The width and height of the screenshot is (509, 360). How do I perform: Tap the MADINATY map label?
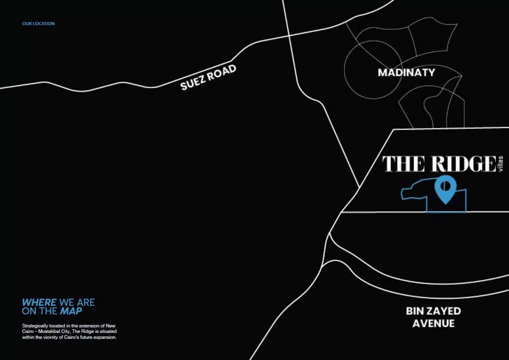(406, 72)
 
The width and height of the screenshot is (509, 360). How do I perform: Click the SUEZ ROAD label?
(209, 77)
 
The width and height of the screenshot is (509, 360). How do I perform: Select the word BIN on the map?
(416, 311)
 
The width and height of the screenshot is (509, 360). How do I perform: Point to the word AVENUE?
(433, 324)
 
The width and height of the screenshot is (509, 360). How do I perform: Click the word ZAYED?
(444, 311)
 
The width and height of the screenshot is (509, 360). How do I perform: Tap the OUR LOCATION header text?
(38, 24)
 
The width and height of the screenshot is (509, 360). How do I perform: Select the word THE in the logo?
(403, 163)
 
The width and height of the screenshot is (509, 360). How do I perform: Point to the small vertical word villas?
(500, 163)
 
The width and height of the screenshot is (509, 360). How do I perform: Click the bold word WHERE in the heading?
(39, 303)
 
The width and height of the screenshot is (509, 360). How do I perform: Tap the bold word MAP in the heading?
(71, 311)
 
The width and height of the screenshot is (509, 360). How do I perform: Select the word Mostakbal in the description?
(50, 332)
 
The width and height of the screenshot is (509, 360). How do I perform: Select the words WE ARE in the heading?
(77, 303)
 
